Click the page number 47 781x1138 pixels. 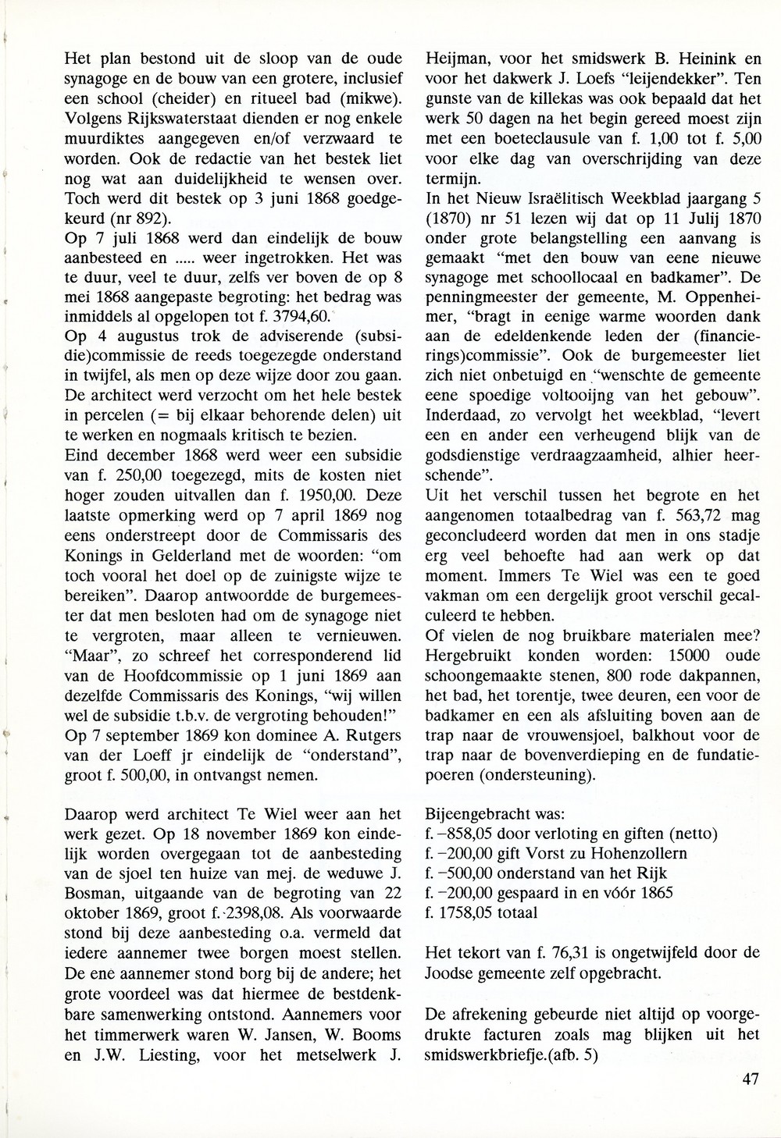[x=751, y=1080]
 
